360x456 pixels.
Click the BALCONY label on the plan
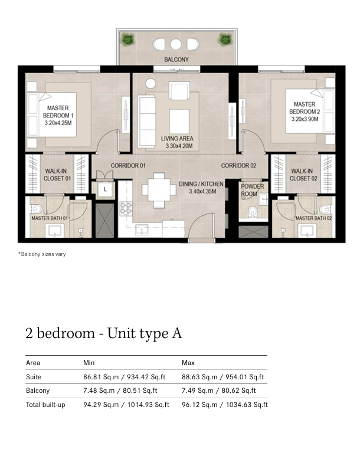click(x=176, y=60)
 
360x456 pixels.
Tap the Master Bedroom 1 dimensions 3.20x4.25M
click(x=58, y=123)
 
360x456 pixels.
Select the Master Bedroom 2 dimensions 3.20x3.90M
click(x=305, y=119)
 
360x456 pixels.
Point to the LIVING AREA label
click(x=177, y=139)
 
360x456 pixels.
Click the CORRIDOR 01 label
click(x=128, y=166)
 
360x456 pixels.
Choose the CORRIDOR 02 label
click(x=238, y=166)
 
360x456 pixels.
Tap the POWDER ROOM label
click(x=253, y=190)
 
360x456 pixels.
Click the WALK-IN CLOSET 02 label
click(x=303, y=175)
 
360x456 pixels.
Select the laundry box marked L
click(x=105, y=189)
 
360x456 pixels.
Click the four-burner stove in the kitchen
click(x=126, y=208)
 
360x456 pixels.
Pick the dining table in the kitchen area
click(x=159, y=190)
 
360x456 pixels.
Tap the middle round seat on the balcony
click(x=176, y=44)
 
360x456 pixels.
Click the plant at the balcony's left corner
click(x=127, y=40)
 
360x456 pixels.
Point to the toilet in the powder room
click(x=253, y=212)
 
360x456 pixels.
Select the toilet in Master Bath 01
click(x=37, y=209)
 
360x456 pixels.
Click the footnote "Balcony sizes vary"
click(x=42, y=254)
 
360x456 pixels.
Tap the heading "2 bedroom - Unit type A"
click(x=104, y=333)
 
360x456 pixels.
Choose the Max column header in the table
click(x=188, y=363)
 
